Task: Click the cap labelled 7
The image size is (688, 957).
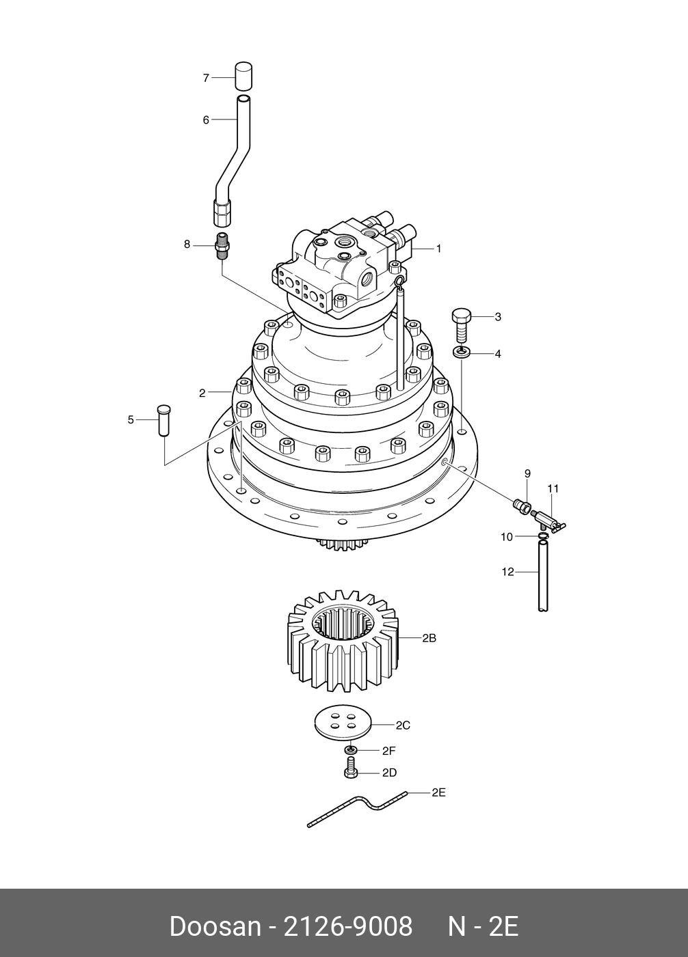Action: coord(243,76)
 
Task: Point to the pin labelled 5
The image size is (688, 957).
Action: coord(164,419)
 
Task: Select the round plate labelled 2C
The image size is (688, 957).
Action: coord(343,722)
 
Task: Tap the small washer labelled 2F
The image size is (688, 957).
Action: coord(351,750)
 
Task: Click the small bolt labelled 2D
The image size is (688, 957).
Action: coord(351,772)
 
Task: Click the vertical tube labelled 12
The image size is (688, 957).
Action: coord(542,577)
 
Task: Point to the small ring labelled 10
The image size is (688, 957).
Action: coord(542,538)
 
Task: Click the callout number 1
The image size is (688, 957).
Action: coord(438,249)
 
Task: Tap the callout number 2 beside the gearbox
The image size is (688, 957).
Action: coord(202,393)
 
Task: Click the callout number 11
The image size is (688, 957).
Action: coord(553,488)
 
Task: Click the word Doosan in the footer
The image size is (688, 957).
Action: coord(214,927)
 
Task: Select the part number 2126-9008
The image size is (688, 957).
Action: coord(347,927)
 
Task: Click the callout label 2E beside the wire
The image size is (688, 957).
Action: coord(438,792)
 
